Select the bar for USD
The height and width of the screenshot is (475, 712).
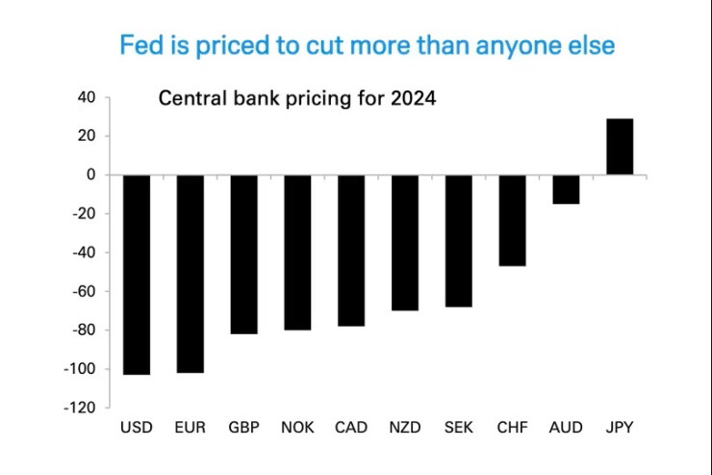[x=136, y=275]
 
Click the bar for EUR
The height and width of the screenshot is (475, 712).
[x=190, y=274]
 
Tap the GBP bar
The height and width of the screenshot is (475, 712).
[x=243, y=254]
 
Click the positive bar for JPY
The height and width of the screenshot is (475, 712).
[x=620, y=146]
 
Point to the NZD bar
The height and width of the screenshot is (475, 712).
[x=404, y=243]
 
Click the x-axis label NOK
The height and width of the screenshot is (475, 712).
[x=296, y=427]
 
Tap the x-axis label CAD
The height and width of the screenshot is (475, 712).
[x=350, y=427]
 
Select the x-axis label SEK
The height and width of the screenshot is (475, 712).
[x=458, y=427]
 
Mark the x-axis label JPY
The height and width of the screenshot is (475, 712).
[x=620, y=427]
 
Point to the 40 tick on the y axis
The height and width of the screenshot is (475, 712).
[x=87, y=97]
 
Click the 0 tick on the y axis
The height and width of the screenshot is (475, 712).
[x=90, y=175]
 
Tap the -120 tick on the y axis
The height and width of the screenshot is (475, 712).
[x=81, y=409]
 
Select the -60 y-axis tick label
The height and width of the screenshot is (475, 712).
[x=84, y=292]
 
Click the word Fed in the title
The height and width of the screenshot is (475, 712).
[x=139, y=45]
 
